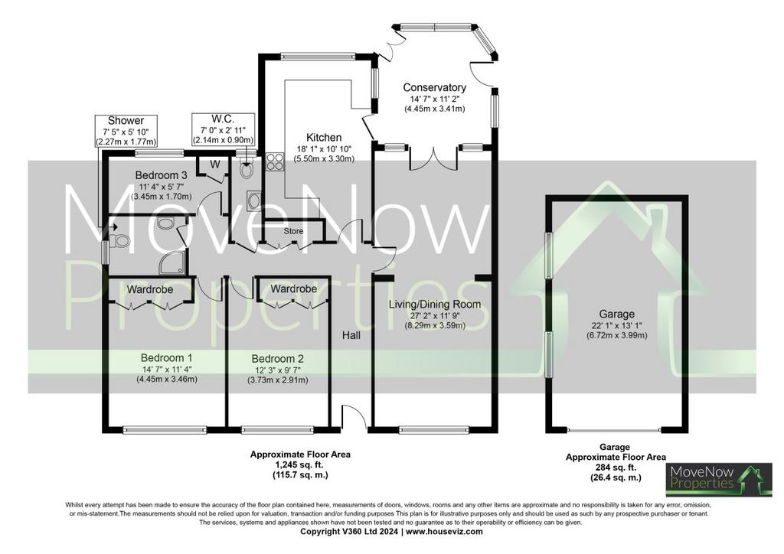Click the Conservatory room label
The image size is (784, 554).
(x=435, y=87)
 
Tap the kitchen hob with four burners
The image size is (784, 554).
(x=275, y=162)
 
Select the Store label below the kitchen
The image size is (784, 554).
(x=293, y=231)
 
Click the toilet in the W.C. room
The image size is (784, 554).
(x=246, y=169)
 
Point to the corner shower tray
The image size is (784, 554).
(x=171, y=263)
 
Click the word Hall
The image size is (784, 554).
(x=351, y=335)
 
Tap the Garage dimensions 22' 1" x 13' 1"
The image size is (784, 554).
(x=616, y=325)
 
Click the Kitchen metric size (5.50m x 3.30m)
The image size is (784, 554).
(x=324, y=159)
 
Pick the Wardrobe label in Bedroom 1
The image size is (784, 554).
(x=150, y=290)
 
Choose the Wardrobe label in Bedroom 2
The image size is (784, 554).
(x=293, y=289)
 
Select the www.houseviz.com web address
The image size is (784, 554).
(x=445, y=532)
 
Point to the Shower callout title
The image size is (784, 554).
(x=126, y=120)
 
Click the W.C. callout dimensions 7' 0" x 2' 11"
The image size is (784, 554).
(x=224, y=130)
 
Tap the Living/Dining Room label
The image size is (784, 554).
(x=435, y=305)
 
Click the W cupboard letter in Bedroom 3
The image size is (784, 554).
(x=214, y=164)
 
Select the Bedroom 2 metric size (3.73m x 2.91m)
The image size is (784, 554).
(x=277, y=380)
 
